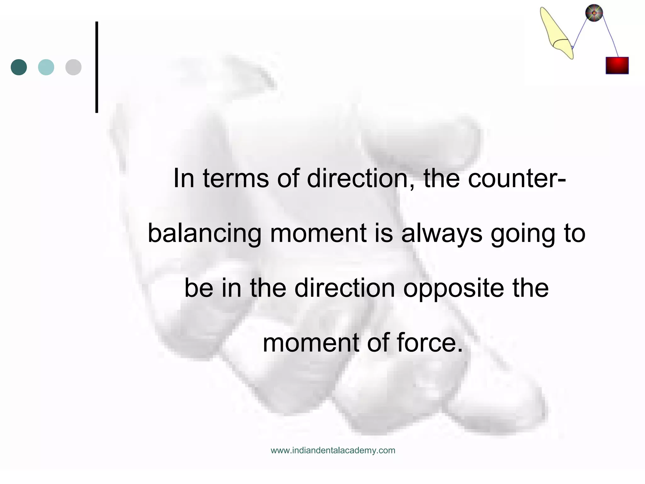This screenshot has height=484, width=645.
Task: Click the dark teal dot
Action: (19, 67)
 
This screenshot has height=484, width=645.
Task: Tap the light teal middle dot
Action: (46, 67)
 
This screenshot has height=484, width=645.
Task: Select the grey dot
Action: (73, 67)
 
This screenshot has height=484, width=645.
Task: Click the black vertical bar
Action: (97, 67)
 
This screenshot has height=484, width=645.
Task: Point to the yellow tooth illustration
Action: (556, 33)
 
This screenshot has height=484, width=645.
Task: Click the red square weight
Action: (617, 66)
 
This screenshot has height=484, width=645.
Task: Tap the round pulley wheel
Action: (594, 13)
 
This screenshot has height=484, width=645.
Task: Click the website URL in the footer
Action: (333, 450)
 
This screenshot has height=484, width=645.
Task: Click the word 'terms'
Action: (236, 178)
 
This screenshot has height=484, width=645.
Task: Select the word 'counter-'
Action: (517, 178)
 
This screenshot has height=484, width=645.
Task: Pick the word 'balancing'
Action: (204, 234)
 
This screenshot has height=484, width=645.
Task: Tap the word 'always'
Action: (442, 234)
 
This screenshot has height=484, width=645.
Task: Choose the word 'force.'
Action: (430, 343)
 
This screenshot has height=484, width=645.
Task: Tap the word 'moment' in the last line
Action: (311, 343)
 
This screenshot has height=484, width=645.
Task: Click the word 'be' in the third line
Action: (199, 288)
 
